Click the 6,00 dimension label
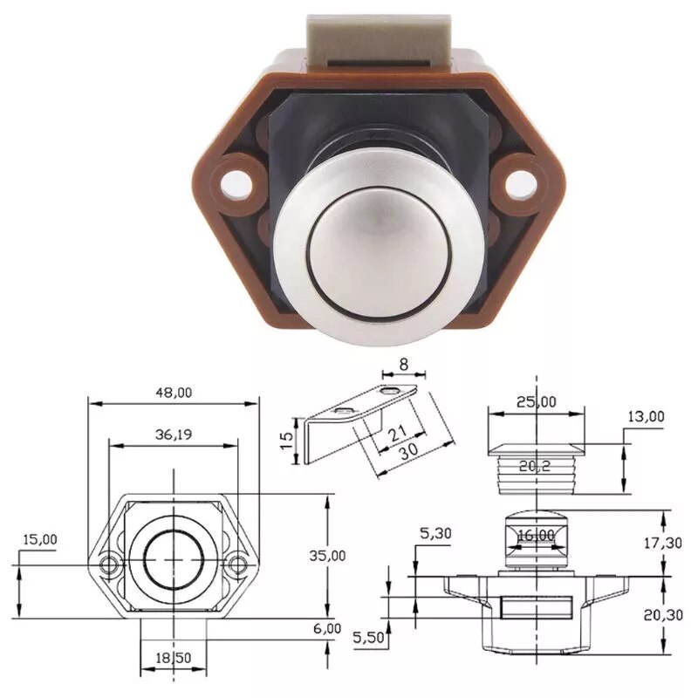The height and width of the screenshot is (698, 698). pyautogui.click(x=328, y=628)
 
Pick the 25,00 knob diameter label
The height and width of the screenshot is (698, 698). pyautogui.click(x=535, y=401)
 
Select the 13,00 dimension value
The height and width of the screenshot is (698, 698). pyautogui.click(x=646, y=416)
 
